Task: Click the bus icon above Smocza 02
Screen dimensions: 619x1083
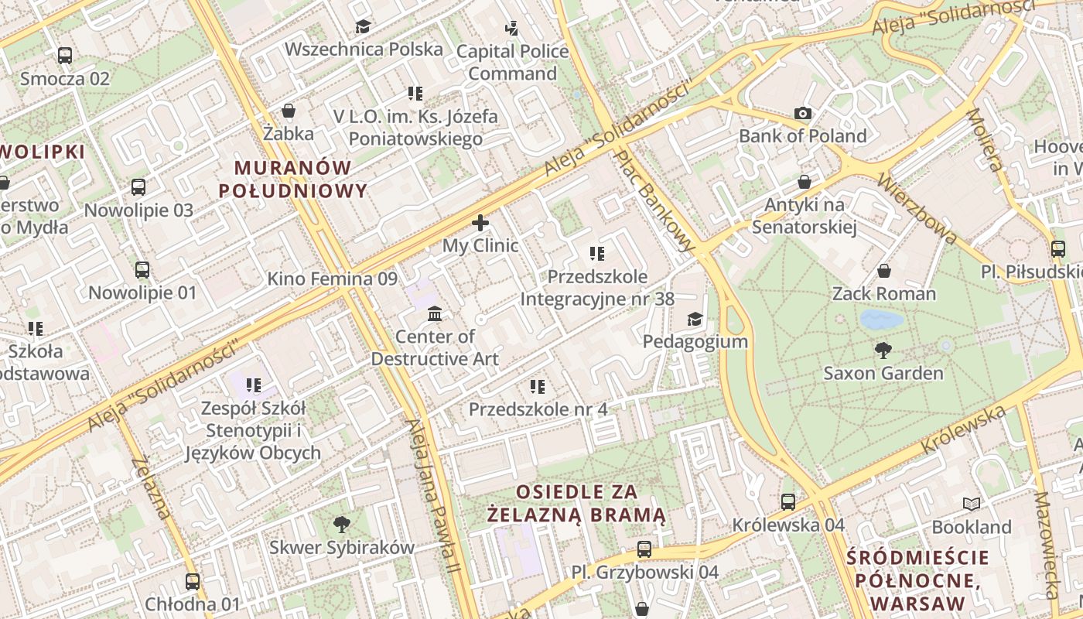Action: pyautogui.click(x=65, y=56)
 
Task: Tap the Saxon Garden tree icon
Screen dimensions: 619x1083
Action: pyautogui.click(x=883, y=351)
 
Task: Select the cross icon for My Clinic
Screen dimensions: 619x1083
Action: pyautogui.click(x=480, y=224)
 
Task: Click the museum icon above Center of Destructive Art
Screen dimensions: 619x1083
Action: pyautogui.click(x=435, y=314)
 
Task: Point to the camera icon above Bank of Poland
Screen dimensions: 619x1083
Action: pyautogui.click(x=803, y=114)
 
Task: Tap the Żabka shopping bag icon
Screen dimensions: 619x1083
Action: pyautogui.click(x=289, y=111)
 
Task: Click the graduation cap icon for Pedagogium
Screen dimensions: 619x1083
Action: pyautogui.click(x=695, y=319)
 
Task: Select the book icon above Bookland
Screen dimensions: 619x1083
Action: pyautogui.click(x=971, y=504)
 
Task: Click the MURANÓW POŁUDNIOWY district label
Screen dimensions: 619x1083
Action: pyautogui.click(x=292, y=179)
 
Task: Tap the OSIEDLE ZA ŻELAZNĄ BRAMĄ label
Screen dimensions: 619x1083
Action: pyautogui.click(x=577, y=503)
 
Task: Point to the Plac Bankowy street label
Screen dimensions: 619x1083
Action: pyautogui.click(x=655, y=200)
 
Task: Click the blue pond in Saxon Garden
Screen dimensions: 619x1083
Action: pyautogui.click(x=881, y=319)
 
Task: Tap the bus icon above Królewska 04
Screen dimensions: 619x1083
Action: pyautogui.click(x=788, y=502)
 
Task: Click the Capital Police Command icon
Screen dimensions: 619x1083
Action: pyautogui.click(x=511, y=29)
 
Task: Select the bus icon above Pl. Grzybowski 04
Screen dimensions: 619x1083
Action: pyautogui.click(x=644, y=549)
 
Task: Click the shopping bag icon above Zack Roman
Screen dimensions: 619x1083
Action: pyautogui.click(x=883, y=271)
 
